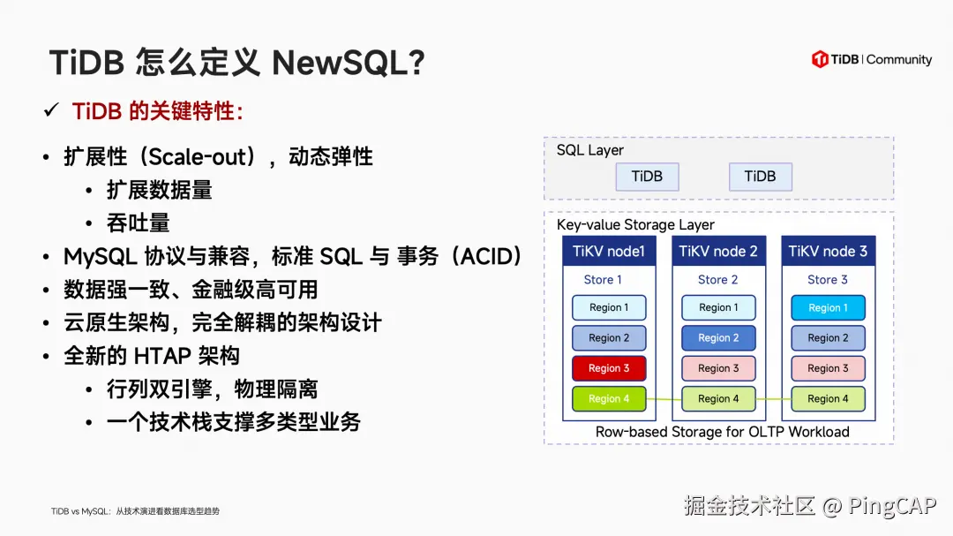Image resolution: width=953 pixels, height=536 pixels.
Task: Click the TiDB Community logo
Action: [871, 59]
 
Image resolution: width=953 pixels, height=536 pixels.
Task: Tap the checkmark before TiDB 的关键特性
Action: [51, 111]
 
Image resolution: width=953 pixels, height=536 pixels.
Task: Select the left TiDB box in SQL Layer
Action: [647, 177]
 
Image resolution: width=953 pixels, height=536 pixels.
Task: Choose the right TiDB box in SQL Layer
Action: [760, 177]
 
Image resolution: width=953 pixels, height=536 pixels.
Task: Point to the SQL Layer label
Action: [589, 150]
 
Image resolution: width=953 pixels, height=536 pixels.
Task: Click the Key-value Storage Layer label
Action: [635, 225]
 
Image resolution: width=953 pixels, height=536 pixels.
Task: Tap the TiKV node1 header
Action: [609, 252]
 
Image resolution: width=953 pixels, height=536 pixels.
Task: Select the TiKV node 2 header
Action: [718, 252]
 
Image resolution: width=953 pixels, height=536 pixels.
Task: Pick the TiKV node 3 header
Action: [828, 252]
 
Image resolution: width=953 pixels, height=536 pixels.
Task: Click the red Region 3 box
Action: [609, 368]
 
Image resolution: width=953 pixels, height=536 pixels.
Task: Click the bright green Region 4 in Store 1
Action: [609, 398]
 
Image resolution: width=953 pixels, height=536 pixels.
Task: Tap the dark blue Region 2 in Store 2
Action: [718, 338]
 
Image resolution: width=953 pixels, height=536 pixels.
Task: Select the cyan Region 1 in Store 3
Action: [828, 308]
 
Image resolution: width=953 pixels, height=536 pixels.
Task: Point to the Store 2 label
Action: [718, 280]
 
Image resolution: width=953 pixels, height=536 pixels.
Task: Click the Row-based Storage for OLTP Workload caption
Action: [722, 432]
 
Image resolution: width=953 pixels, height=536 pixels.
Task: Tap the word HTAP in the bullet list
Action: [163, 356]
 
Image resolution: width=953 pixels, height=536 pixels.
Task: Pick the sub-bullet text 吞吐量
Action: [138, 223]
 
